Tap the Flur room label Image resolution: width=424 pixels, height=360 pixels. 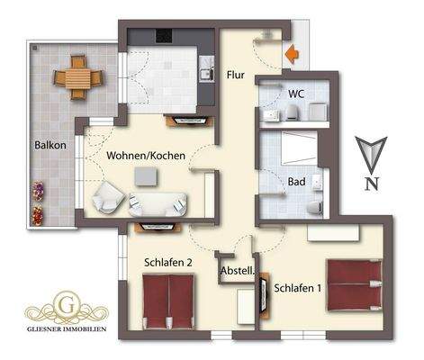pos(236,76)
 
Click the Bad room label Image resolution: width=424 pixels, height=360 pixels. pos(295,182)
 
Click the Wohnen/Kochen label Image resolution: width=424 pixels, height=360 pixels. pos(146,156)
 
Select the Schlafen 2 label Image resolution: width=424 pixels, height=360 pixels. pos(168,263)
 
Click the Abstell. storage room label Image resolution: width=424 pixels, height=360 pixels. pos(238,270)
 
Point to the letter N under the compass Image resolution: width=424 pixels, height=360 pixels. pos(371,185)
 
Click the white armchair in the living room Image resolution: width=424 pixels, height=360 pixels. pos(109,195)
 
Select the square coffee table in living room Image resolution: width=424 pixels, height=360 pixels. pos(144,175)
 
